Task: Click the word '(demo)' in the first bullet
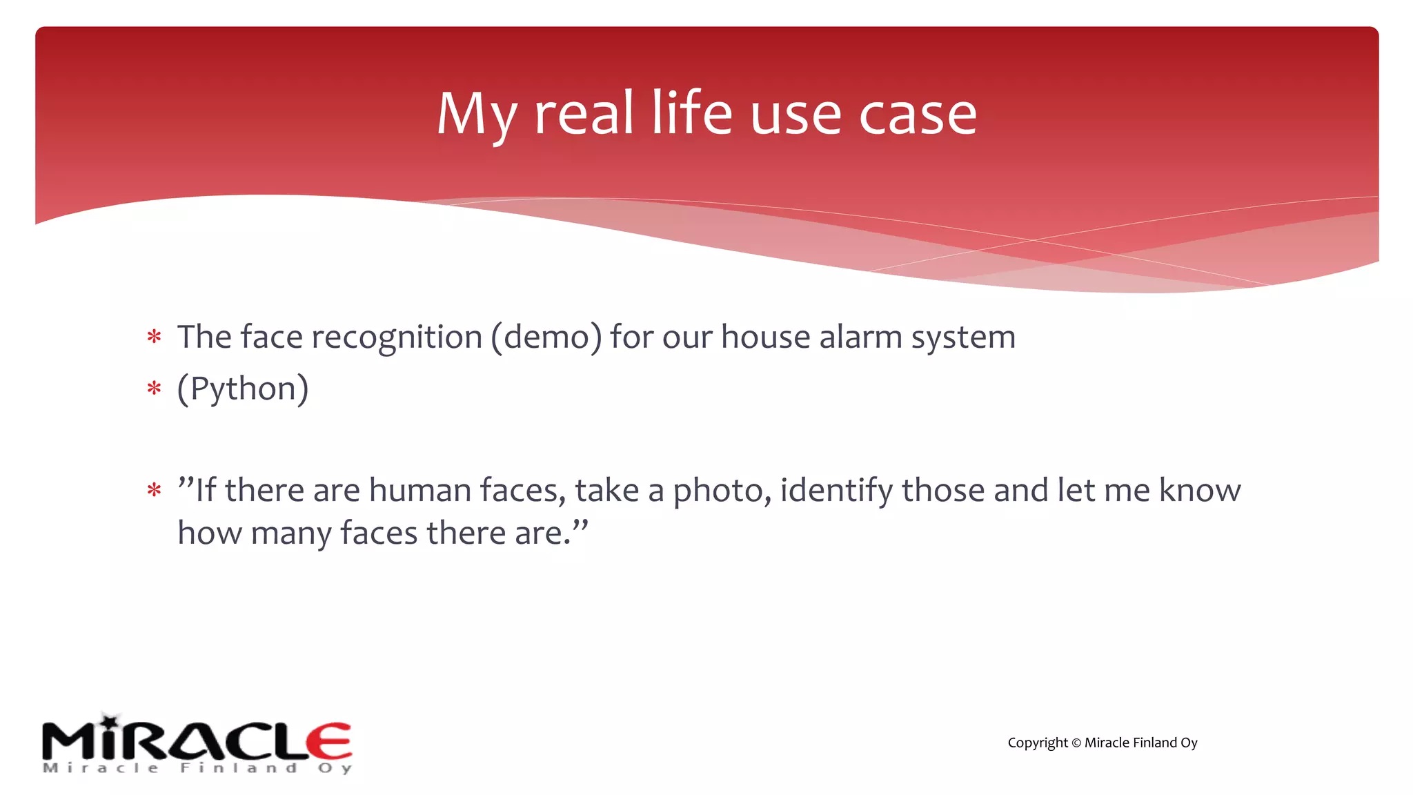[x=546, y=337]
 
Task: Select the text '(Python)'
[x=243, y=389]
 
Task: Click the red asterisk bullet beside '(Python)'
[x=154, y=389]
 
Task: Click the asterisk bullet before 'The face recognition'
[x=154, y=337]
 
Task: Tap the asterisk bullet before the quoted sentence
[x=154, y=491]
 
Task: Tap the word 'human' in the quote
[x=420, y=490]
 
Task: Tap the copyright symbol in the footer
[x=1076, y=743]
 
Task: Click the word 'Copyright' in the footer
[x=1037, y=743]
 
